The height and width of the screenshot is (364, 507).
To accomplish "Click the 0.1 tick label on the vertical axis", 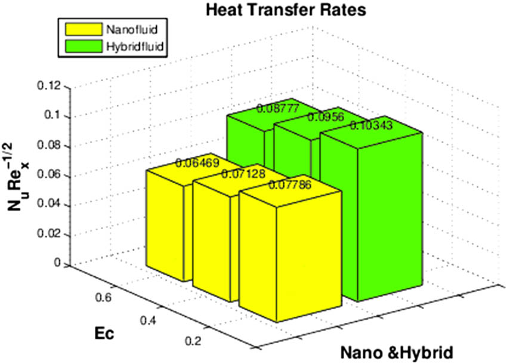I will (54, 116).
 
